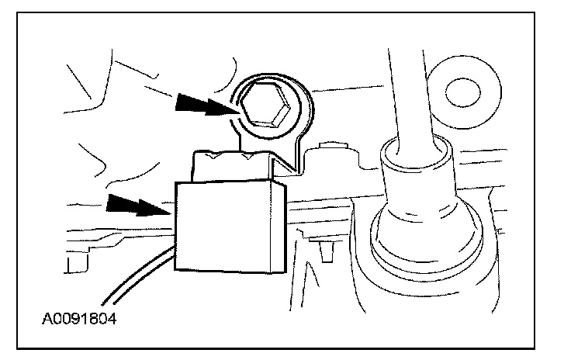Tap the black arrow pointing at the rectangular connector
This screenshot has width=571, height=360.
point(137,205)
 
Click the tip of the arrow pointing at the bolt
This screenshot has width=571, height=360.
point(237,111)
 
